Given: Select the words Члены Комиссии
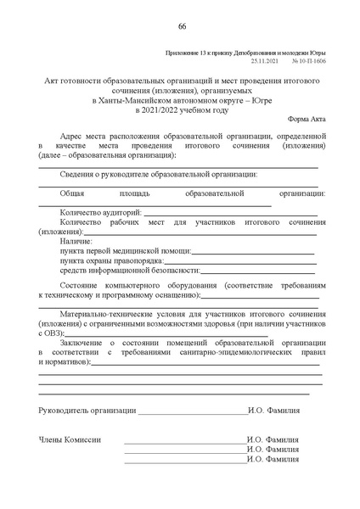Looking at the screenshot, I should [x=70, y=439].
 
